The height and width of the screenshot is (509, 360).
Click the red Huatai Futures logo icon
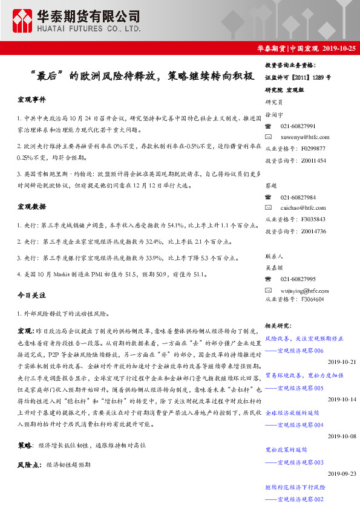[22, 20]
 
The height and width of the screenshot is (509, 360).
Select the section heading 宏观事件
[31, 99]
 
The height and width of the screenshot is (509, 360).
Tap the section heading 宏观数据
[31, 207]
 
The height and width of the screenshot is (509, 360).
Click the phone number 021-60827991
[298, 126]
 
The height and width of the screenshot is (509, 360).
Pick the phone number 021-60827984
[298, 197]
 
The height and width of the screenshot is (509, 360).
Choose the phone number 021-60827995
[298, 278]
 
